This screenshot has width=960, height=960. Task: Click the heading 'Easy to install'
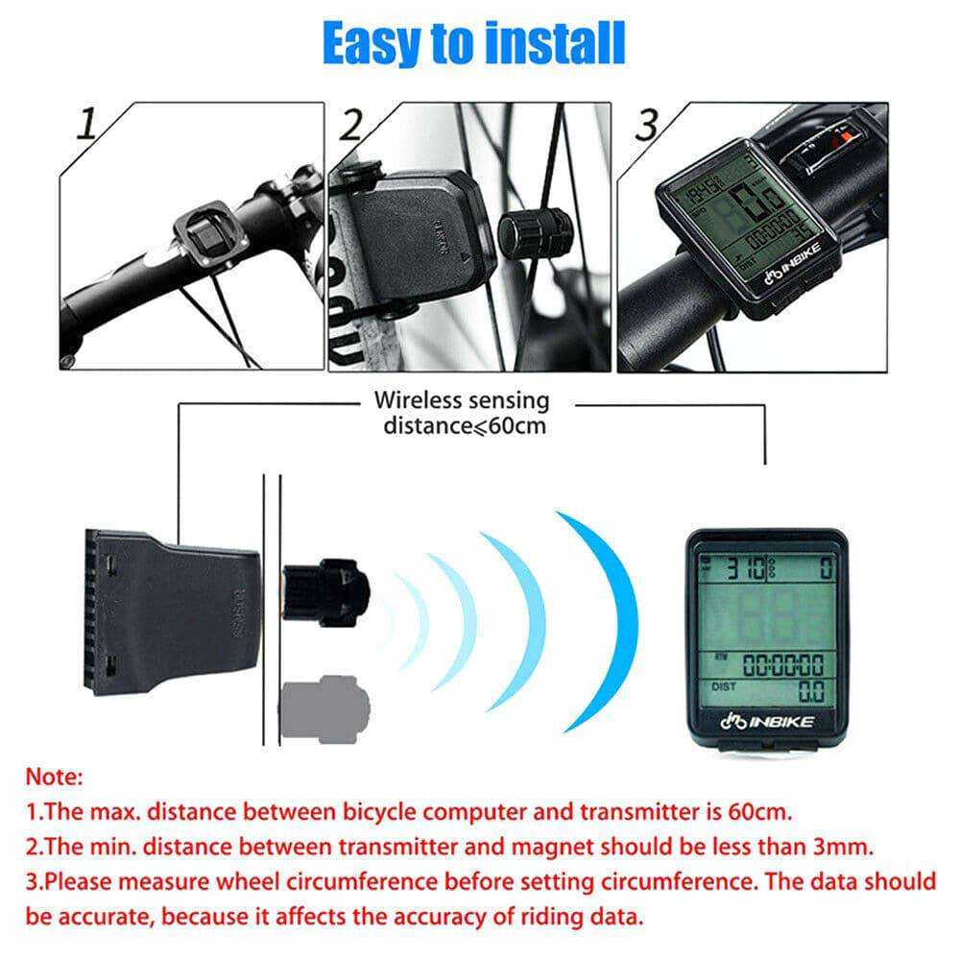[473, 42]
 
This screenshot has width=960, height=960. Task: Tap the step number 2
[352, 126]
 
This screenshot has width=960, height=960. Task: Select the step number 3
[649, 124]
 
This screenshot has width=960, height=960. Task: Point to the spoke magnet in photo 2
[534, 232]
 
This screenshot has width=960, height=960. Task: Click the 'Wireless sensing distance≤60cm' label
[462, 412]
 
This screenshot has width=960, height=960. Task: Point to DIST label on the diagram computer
[725, 686]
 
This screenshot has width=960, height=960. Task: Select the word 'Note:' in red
[55, 775]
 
